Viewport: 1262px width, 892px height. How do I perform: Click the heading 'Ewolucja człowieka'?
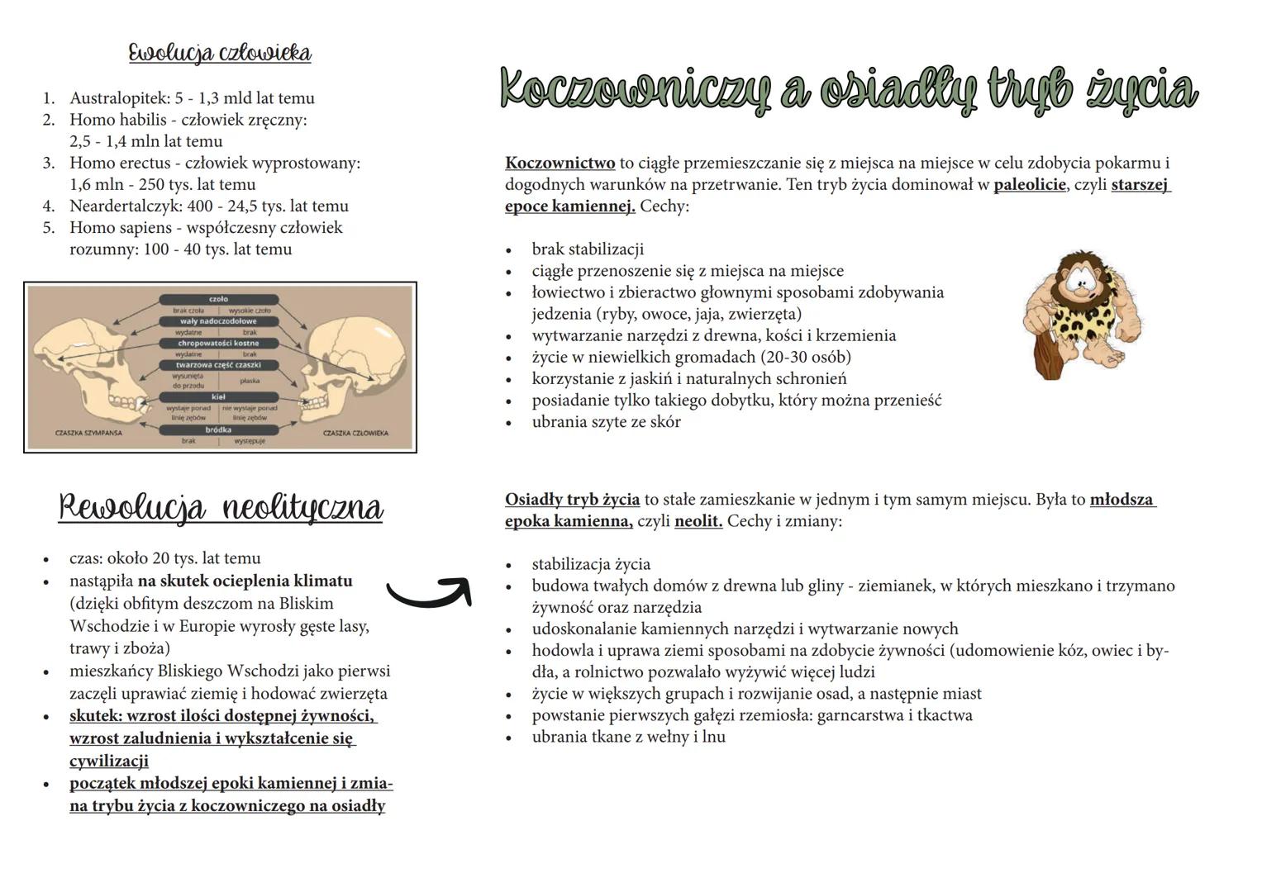click(x=220, y=53)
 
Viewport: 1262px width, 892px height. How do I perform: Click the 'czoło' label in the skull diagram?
click(x=218, y=299)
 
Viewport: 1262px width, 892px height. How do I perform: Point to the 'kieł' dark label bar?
click(x=218, y=397)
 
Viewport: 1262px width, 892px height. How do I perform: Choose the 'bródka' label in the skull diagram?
click(x=218, y=430)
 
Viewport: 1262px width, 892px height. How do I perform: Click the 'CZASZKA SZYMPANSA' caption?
click(x=83, y=433)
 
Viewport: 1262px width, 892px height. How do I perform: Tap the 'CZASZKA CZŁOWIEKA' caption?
click(x=355, y=433)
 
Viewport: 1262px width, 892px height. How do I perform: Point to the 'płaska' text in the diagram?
click(x=249, y=381)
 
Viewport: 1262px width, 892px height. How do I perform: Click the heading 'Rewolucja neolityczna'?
click(x=221, y=507)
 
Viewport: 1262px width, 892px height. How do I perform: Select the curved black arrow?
click(x=429, y=591)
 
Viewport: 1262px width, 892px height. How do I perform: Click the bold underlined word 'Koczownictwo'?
click(x=560, y=164)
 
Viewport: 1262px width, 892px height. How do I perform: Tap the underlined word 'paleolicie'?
click(x=1029, y=185)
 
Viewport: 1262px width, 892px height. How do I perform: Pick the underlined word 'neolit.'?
click(x=698, y=522)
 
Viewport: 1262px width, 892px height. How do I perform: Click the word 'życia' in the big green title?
click(x=1141, y=91)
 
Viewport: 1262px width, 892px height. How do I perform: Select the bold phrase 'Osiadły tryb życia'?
click(x=572, y=500)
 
